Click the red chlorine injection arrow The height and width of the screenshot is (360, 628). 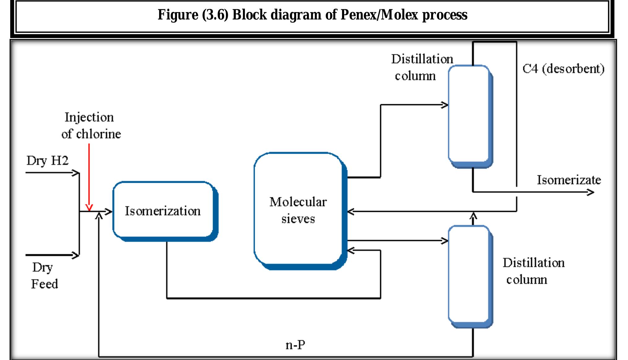click(89, 176)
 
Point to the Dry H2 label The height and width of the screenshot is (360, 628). click(47, 161)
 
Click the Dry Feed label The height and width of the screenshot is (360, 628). click(44, 276)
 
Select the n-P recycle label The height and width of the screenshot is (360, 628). click(295, 345)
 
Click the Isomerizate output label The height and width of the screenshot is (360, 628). click(569, 180)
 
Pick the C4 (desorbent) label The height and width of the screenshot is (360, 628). click(563, 69)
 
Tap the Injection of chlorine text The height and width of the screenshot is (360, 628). click(91, 126)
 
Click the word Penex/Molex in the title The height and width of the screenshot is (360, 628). click(379, 15)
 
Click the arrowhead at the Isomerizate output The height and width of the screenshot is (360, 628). click(591, 192)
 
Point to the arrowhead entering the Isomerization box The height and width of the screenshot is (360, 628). click(109, 212)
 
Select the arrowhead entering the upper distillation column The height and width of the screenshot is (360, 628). click(445, 105)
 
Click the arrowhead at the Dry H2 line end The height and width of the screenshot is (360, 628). click(76, 173)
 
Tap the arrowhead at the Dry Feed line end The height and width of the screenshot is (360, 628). click(76, 255)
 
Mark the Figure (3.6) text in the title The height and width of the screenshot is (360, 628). click(193, 15)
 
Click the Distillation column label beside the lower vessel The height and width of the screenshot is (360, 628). click(533, 271)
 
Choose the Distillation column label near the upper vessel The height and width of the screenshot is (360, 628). click(421, 67)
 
